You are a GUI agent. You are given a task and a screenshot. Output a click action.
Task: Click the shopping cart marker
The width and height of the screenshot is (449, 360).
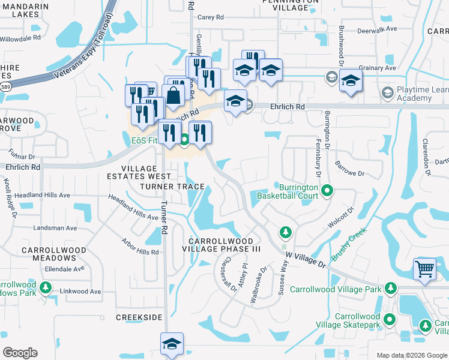pyautogui.click(x=425, y=269)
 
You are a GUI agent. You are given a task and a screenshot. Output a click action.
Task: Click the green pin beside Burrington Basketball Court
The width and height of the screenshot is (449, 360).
pyautogui.click(x=327, y=191)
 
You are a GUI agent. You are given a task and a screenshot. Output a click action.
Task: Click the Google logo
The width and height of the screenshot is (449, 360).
pyautogui.click(x=20, y=353)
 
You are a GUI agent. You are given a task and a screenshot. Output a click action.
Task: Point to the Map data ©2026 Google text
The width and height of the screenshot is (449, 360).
pyautogui.click(x=412, y=355)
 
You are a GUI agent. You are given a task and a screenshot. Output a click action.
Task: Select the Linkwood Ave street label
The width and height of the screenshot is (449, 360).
pyautogui.click(x=80, y=292)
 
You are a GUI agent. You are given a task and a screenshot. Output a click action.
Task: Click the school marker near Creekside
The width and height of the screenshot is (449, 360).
pyautogui.click(x=172, y=344)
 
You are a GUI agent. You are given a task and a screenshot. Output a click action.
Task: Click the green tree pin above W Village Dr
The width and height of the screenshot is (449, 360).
pyautogui.click(x=286, y=232)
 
